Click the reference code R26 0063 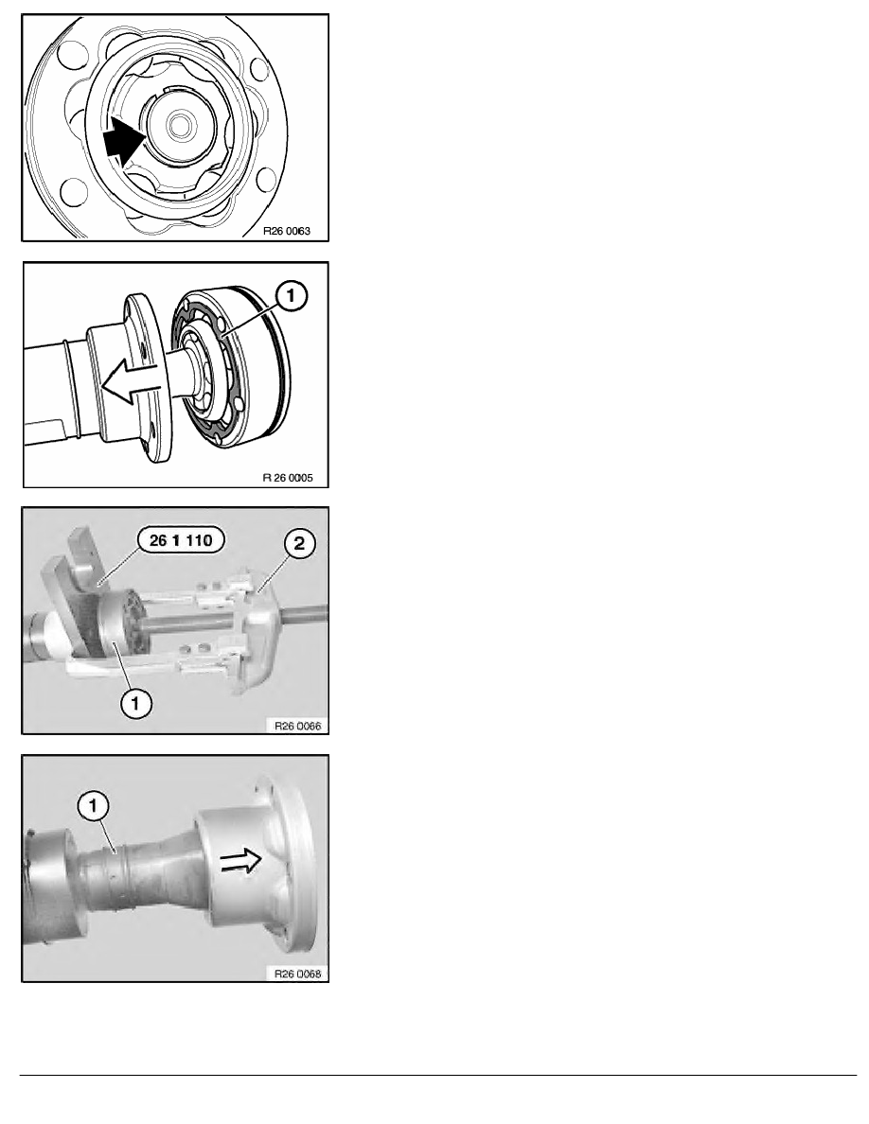tap(287, 231)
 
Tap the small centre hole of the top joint tap(180, 126)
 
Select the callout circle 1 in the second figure tap(292, 295)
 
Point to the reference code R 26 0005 tap(288, 478)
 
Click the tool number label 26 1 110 tap(181, 540)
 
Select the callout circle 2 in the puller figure tap(299, 543)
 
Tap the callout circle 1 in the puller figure tap(135, 702)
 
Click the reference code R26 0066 tap(297, 726)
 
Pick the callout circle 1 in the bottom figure tap(94, 807)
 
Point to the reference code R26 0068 tap(297, 974)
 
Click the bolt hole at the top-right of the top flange tap(259, 69)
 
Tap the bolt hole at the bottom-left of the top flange tap(73, 192)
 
